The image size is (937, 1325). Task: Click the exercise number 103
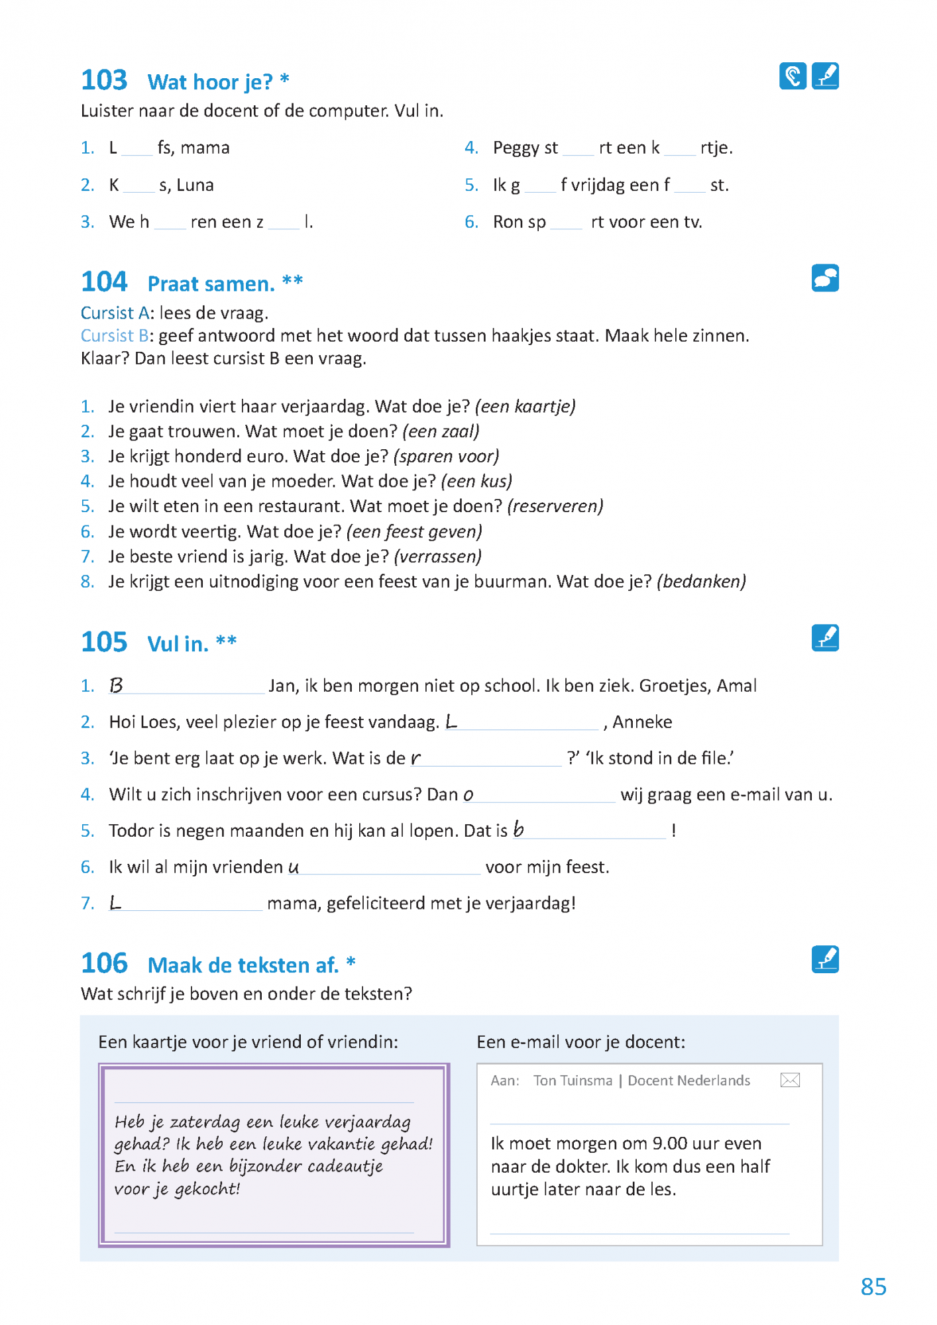pos(104,80)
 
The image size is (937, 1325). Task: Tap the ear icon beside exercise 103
pos(793,76)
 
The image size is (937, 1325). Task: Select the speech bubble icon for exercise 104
pos(825,278)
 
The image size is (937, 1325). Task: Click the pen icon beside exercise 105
pos(825,638)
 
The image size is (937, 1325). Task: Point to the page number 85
pos(873,1287)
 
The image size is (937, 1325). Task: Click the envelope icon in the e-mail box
pos(790,1081)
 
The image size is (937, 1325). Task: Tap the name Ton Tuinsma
pos(573,1081)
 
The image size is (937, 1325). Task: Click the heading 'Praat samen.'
pos(211,284)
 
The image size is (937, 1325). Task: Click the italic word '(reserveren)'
pos(555,506)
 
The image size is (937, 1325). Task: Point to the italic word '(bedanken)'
pos(701,582)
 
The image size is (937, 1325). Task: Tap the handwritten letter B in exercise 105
pos(116,685)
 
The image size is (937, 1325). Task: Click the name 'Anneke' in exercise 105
pos(642,722)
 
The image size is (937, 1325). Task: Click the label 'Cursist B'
pos(114,336)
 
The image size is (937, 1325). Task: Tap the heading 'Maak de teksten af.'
pos(243,965)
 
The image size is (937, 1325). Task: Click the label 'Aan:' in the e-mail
pos(505,1081)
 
